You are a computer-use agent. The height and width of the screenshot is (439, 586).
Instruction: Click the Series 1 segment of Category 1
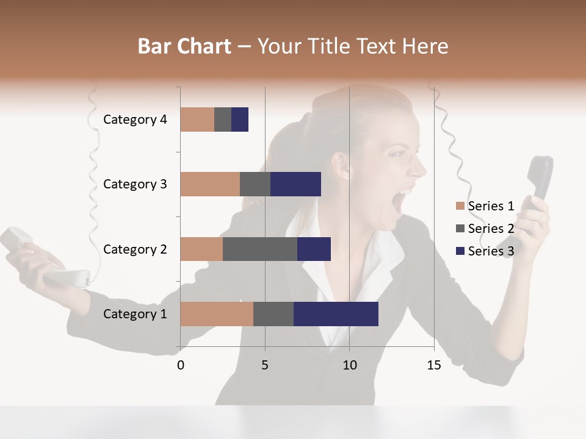(x=217, y=313)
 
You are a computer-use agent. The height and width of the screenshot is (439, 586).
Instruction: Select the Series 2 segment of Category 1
(x=273, y=313)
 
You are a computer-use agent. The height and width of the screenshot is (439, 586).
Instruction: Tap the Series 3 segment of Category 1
(x=336, y=313)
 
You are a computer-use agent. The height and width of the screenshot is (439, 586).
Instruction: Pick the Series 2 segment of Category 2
(x=260, y=249)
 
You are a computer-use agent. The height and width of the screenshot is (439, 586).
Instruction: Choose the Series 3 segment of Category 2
(x=314, y=249)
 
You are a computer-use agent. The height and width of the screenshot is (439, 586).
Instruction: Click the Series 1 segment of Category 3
(x=210, y=184)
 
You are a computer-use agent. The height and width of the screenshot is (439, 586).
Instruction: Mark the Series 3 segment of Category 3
(x=295, y=184)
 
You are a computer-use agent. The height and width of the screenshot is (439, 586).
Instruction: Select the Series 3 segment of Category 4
(x=240, y=119)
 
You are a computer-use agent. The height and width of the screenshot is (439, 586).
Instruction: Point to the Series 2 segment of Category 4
(x=223, y=119)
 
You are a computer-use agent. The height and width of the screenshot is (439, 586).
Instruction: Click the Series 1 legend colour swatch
(x=460, y=206)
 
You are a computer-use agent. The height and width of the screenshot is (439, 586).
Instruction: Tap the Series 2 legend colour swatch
(x=460, y=229)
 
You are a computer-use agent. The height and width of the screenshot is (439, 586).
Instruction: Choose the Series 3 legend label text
(x=491, y=251)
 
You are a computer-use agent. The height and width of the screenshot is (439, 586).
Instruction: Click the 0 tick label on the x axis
(x=181, y=365)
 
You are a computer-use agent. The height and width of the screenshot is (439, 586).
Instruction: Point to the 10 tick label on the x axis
(x=349, y=365)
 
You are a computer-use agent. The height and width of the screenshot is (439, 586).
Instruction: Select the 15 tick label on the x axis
(x=434, y=365)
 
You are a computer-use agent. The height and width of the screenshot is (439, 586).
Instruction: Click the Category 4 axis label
(x=135, y=120)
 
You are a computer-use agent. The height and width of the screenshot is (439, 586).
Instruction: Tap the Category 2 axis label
(x=135, y=249)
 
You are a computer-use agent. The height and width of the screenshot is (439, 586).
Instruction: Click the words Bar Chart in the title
(x=184, y=46)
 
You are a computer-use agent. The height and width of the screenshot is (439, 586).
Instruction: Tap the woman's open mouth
(x=399, y=202)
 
